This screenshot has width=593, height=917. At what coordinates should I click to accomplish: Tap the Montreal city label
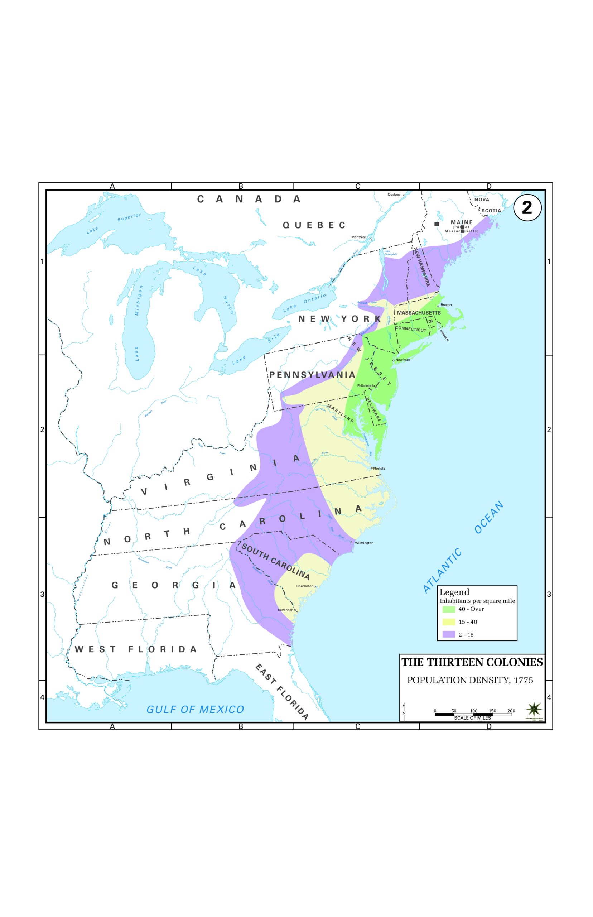(358, 237)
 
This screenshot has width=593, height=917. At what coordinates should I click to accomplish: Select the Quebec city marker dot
(404, 195)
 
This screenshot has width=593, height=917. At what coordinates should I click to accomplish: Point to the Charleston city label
(305, 586)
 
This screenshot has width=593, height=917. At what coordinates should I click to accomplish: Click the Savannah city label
(285, 610)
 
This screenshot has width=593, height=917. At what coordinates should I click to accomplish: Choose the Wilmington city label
(364, 543)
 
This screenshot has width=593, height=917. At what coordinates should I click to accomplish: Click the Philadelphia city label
(366, 385)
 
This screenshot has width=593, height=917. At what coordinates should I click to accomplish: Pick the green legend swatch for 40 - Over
(449, 609)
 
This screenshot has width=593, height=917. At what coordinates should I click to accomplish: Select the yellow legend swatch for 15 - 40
(449, 621)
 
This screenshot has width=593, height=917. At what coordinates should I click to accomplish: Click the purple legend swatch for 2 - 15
(449, 634)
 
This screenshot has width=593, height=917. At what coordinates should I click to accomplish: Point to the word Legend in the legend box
(454, 592)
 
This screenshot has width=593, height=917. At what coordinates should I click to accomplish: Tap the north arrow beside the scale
(404, 711)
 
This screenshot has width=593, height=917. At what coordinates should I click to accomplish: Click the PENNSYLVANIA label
(312, 375)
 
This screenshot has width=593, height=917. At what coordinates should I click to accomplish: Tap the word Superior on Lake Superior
(129, 217)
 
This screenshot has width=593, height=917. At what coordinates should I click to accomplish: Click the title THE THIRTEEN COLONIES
(472, 662)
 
